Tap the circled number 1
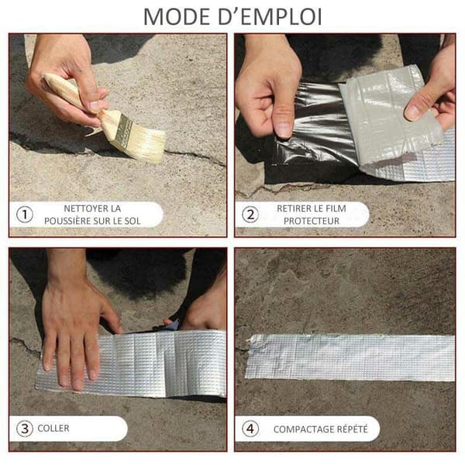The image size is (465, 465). pos(25,215)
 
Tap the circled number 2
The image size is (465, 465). pos(250,215)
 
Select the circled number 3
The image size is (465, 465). pos(25,429)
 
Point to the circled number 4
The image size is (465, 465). pos(250,429)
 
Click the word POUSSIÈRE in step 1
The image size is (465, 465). pos(67,221)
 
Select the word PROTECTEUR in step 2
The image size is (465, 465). pos(312,221)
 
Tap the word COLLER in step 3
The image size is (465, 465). pos(53,429)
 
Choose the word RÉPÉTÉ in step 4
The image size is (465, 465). pos(352,429)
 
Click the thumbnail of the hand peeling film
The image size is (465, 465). pos(284,130)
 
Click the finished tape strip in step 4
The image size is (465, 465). pos(350,357)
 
